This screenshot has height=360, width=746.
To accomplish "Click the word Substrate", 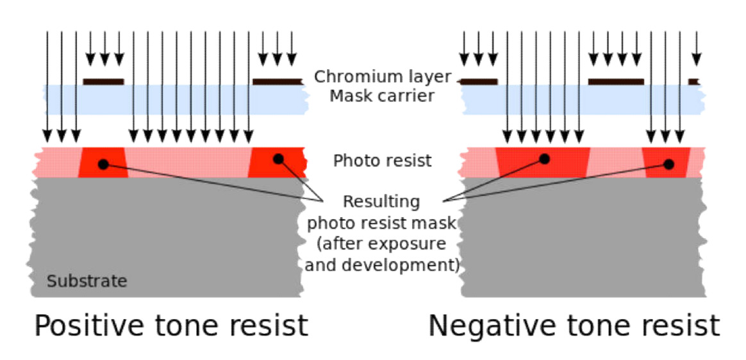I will tap(87, 281).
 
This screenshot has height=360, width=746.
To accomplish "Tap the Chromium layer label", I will tap(383, 78).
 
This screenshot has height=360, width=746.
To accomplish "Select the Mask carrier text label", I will tap(383, 96).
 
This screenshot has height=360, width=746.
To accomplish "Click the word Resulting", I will tap(382, 202).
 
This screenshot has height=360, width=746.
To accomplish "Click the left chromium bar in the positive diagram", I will tap(103, 81).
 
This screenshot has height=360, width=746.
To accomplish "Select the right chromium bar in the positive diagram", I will tap(277, 81).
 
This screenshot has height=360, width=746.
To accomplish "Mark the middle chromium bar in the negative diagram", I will tap(615, 81).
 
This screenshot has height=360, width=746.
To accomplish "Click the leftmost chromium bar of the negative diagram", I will tap(479, 81).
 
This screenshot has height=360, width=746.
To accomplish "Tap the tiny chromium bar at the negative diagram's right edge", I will tap(693, 81).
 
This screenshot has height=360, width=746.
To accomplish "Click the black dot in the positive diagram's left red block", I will tap(103, 164).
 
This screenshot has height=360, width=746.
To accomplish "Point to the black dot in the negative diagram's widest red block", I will tap(544, 158).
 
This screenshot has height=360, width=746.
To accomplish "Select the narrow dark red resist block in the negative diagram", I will tap(667, 163).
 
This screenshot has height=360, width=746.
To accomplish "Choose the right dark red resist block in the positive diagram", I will tap(277, 163).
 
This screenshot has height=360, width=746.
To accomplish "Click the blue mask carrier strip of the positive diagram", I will tap(173, 99).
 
